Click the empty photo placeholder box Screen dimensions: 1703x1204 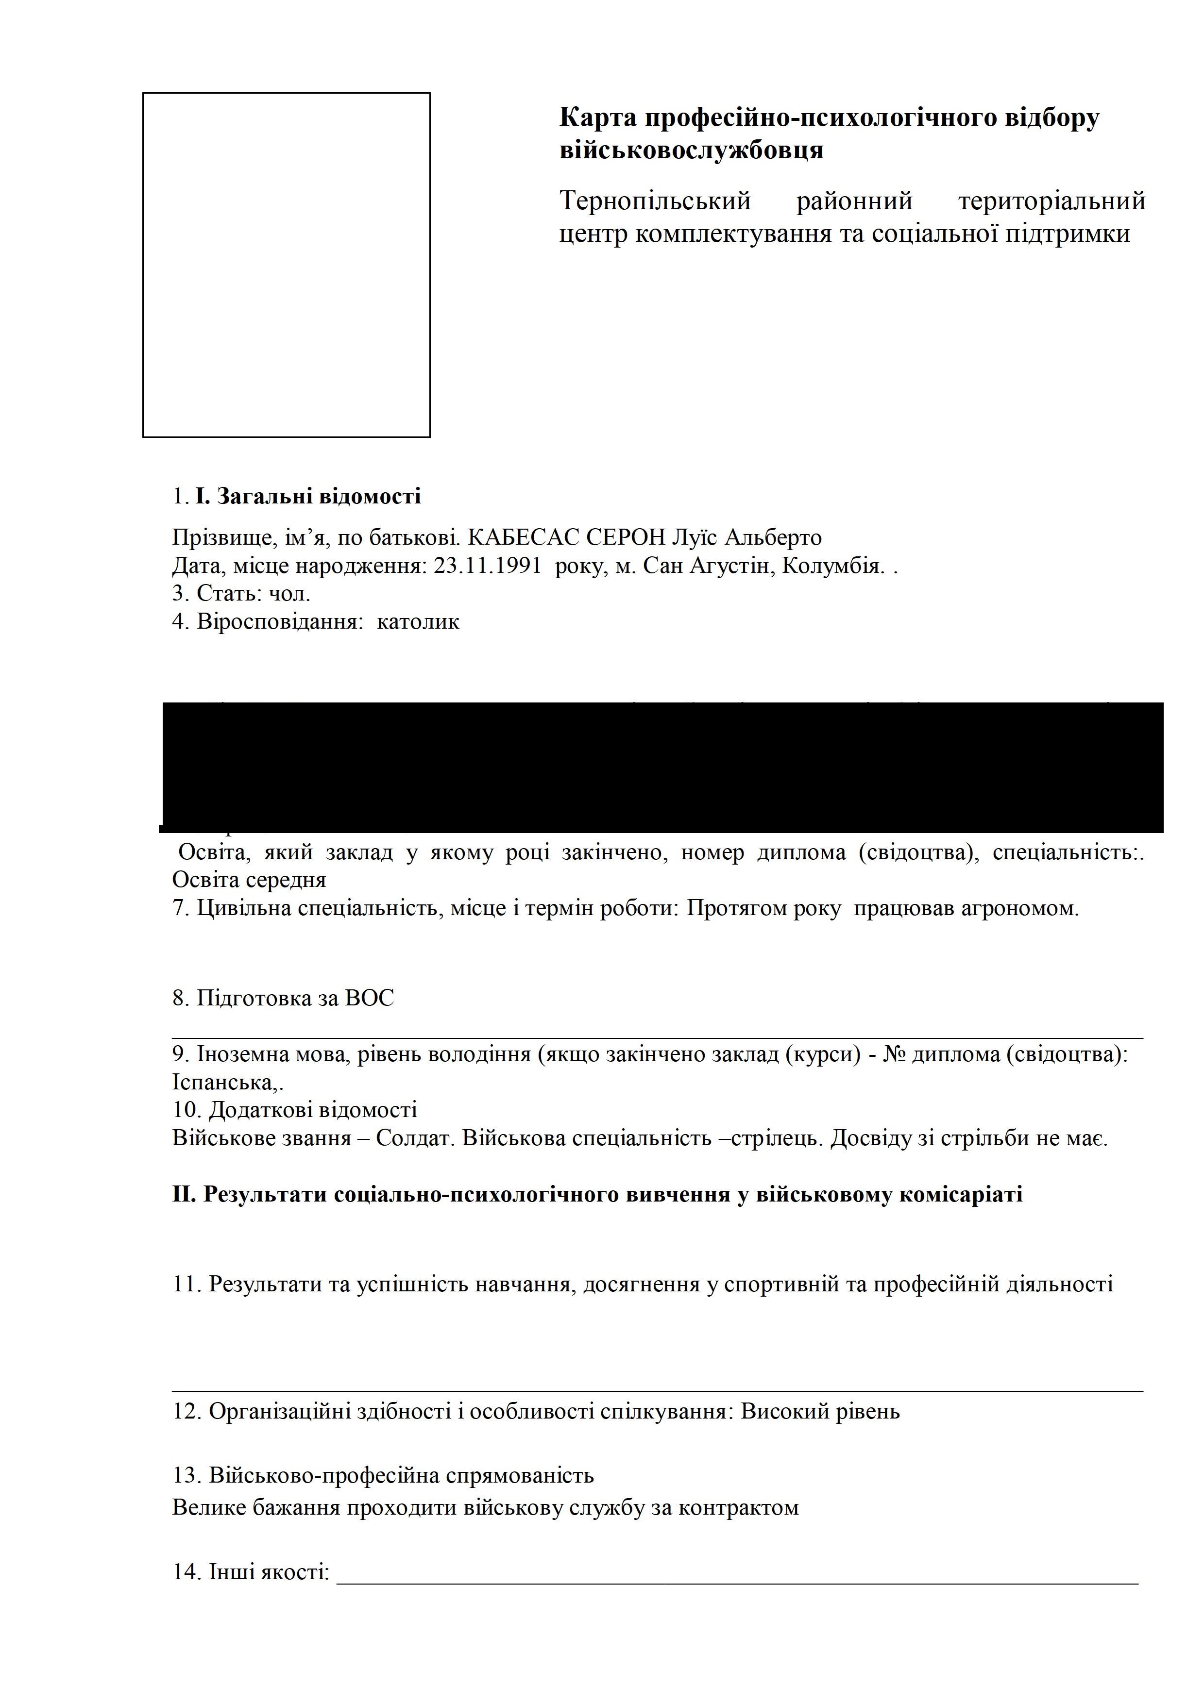287,265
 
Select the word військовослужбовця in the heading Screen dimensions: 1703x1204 692,150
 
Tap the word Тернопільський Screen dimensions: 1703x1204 655,201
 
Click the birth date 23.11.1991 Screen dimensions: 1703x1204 486,566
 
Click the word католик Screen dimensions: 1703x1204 418,621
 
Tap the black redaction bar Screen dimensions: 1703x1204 662,767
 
